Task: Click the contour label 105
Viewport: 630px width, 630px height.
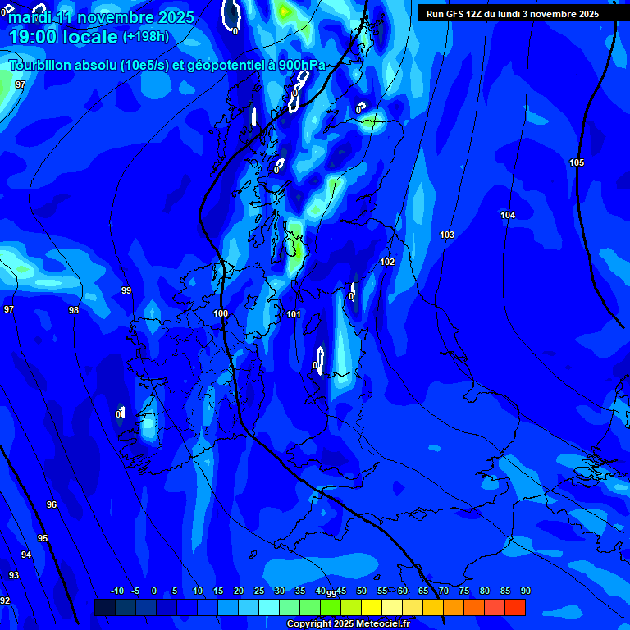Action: pos(577,163)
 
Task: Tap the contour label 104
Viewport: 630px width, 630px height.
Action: pos(508,215)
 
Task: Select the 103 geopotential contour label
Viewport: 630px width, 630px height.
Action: pos(446,235)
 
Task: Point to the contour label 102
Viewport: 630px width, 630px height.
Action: pos(387,262)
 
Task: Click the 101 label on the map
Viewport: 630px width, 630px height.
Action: pos(294,315)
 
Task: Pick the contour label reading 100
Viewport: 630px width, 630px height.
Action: pos(221,314)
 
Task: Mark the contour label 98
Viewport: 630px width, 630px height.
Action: pos(74,310)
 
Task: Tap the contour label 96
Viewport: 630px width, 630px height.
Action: pos(52,504)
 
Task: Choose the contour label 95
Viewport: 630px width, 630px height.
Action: pos(43,538)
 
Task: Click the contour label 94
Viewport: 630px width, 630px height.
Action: pos(26,555)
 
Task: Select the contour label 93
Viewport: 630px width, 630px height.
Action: pos(14,575)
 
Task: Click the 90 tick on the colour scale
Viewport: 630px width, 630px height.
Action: pos(525,591)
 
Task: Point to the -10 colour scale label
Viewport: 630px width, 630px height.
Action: pos(117,591)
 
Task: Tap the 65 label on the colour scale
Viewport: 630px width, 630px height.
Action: pos(423,591)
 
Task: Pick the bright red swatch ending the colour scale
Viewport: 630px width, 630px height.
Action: pos(514,607)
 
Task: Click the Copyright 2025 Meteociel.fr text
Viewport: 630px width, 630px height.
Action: pos(349,624)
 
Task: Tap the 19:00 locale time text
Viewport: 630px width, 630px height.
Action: pos(62,37)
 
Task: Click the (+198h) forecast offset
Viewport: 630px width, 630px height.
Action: pos(146,37)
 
